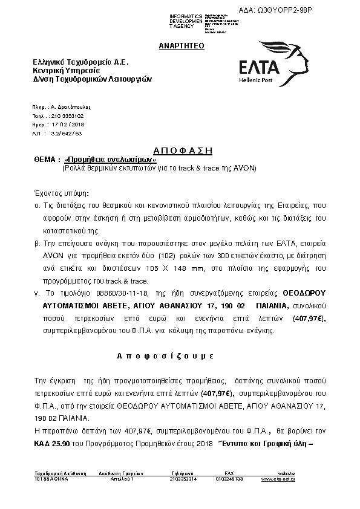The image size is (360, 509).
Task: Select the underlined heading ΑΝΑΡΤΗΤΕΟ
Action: [x=182, y=46]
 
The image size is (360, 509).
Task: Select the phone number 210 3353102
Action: [x=68, y=115]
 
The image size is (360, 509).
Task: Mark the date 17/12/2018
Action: [x=68, y=124]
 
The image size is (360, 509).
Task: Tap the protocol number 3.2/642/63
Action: [x=67, y=133]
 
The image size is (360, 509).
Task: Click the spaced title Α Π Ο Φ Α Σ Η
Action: [x=180, y=150]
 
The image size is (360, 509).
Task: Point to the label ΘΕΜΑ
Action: [x=46, y=160]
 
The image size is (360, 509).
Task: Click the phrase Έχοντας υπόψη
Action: [x=61, y=193]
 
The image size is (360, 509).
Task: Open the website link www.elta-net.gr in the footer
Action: [x=278, y=479]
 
